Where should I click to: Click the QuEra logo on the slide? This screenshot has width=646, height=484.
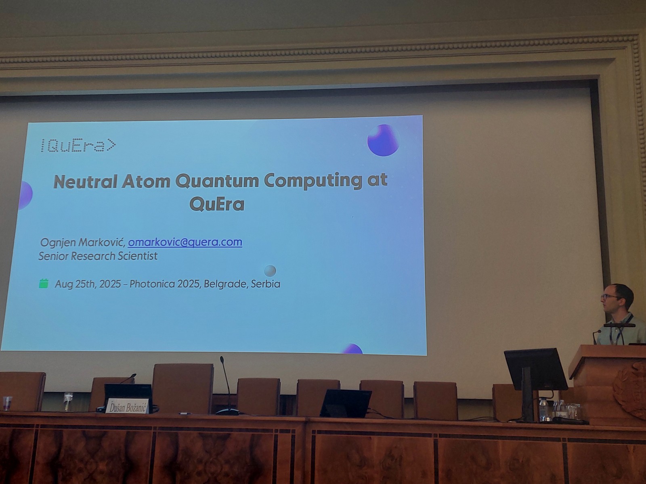78,146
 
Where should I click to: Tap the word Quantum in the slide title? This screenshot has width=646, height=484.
217,181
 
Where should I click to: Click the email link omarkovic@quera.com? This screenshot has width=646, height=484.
185,242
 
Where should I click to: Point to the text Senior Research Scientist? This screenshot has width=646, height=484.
98,256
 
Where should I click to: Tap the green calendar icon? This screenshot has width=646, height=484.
44,284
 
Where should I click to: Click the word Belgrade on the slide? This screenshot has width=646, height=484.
225,284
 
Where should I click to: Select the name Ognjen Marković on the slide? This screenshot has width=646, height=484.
83,242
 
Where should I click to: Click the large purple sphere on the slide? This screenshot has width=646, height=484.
383,140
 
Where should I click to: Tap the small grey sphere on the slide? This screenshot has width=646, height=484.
270,271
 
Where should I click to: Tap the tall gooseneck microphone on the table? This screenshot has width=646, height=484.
227,385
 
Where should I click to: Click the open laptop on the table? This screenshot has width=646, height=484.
345,403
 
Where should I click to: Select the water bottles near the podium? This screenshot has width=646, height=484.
553,410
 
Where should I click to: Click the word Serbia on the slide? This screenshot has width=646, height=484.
265,284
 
